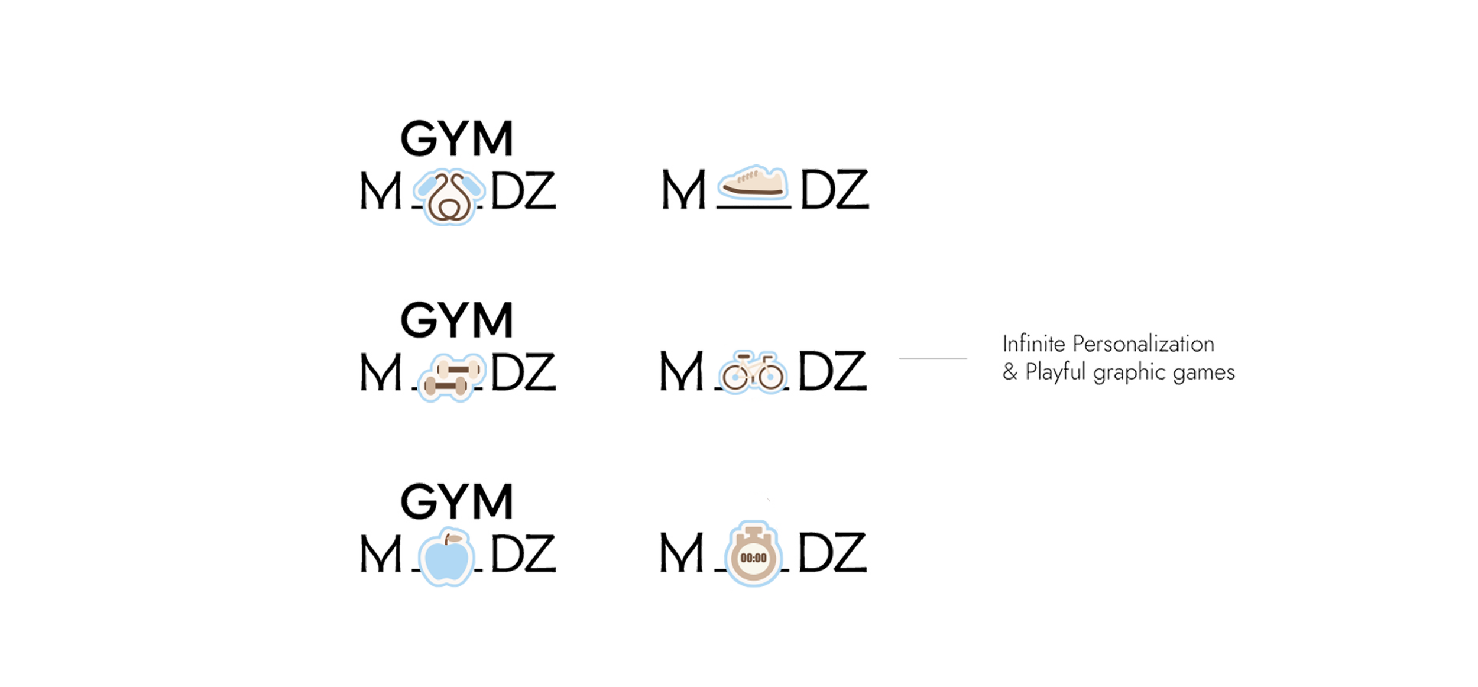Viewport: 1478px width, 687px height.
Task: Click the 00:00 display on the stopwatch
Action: click(x=753, y=558)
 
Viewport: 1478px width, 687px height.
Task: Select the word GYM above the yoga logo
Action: click(x=455, y=140)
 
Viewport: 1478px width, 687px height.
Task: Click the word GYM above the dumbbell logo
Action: click(x=456, y=320)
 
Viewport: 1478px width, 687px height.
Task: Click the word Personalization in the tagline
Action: click(x=1143, y=344)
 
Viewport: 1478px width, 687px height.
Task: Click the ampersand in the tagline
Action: click(x=1009, y=372)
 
